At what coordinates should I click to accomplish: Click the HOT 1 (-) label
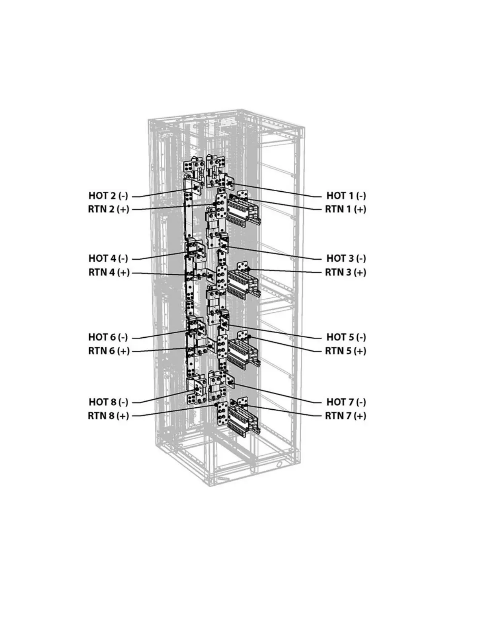pyautogui.click(x=346, y=195)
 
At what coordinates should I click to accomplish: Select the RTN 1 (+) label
pyautogui.click(x=345, y=209)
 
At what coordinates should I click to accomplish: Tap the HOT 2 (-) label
pyautogui.click(x=108, y=195)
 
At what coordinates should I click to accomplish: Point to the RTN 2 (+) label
pyautogui.click(x=109, y=209)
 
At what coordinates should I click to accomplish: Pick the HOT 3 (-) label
pyautogui.click(x=346, y=258)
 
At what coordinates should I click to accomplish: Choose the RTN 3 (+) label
pyautogui.click(x=345, y=272)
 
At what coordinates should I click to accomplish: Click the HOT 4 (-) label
pyautogui.click(x=108, y=258)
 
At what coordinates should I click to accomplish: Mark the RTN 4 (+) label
pyautogui.click(x=109, y=272)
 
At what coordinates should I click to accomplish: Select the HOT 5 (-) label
pyautogui.click(x=346, y=337)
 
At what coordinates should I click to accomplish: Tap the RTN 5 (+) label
pyautogui.click(x=345, y=351)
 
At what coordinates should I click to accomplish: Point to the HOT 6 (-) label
pyautogui.click(x=108, y=337)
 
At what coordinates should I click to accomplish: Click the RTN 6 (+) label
pyautogui.click(x=109, y=351)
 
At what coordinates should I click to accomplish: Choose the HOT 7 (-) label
pyautogui.click(x=346, y=402)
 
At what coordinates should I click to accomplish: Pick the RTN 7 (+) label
pyautogui.click(x=345, y=416)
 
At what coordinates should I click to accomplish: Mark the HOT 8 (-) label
pyautogui.click(x=108, y=402)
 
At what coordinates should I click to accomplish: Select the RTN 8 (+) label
pyautogui.click(x=109, y=416)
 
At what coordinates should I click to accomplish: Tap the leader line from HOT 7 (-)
pyautogui.click(x=279, y=393)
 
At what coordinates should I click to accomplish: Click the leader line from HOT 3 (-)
pyautogui.click(x=275, y=253)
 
